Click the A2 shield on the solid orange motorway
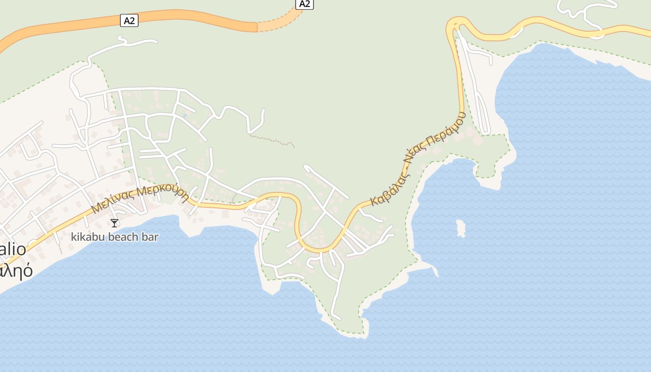click(129, 20)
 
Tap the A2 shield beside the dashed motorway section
click(304, 4)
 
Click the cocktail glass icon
click(114, 223)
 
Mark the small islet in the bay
click(461, 228)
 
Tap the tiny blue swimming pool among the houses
click(185, 115)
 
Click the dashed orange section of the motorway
click(279, 22)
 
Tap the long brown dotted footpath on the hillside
click(272, 140)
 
